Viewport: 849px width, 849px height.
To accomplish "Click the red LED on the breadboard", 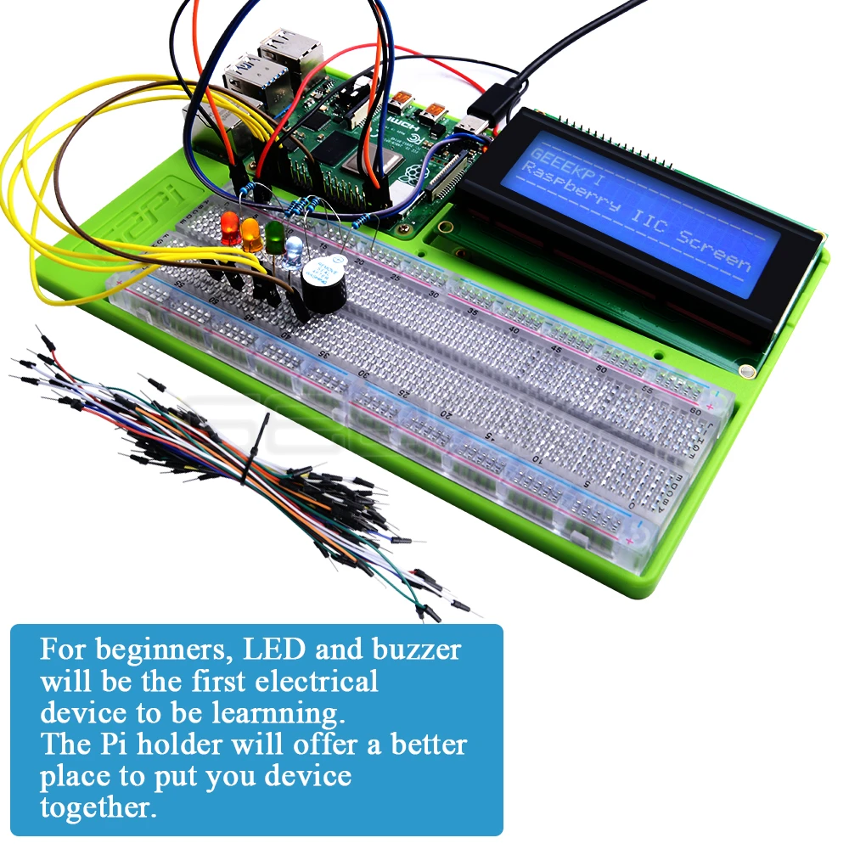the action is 229,225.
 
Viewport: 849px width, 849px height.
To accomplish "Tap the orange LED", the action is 251,233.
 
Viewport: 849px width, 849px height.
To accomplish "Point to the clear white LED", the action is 294,250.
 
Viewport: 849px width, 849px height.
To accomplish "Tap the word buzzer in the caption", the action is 416,651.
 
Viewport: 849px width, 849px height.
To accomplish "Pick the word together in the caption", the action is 98,806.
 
